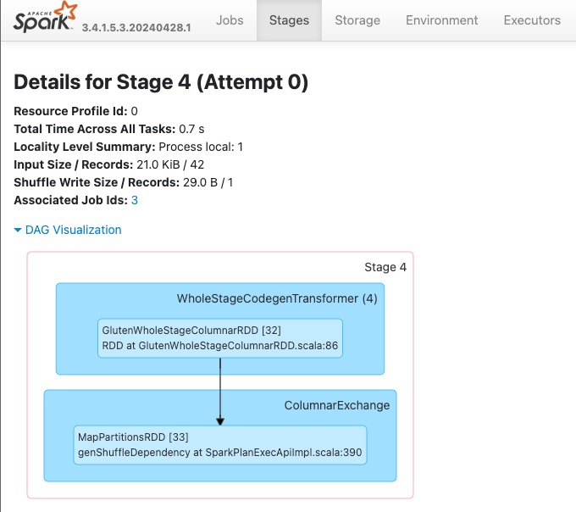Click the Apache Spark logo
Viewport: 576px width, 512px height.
[45, 17]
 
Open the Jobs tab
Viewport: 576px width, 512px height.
[230, 20]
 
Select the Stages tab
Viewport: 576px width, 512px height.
[289, 20]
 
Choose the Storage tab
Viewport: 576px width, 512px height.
[357, 20]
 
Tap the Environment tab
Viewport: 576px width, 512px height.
[442, 20]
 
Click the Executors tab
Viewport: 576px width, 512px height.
[532, 20]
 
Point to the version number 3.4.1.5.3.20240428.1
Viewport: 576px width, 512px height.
[136, 28]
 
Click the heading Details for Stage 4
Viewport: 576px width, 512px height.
[161, 81]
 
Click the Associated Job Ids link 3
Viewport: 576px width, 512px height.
[135, 200]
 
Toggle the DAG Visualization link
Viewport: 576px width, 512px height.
[73, 230]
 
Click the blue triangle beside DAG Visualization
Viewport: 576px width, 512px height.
[18, 230]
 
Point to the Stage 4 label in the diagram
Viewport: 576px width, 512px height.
[385, 267]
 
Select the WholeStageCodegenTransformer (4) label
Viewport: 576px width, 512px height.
[277, 298]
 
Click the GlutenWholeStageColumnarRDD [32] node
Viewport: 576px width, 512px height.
[220, 338]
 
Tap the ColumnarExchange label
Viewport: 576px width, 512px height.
[337, 405]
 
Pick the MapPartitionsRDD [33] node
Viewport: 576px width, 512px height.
[220, 445]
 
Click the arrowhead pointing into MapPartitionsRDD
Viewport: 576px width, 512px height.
[220, 421]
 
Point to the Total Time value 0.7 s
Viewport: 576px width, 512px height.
[191, 129]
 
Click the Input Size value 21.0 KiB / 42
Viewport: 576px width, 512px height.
[170, 164]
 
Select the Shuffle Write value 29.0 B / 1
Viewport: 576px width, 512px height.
[208, 182]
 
